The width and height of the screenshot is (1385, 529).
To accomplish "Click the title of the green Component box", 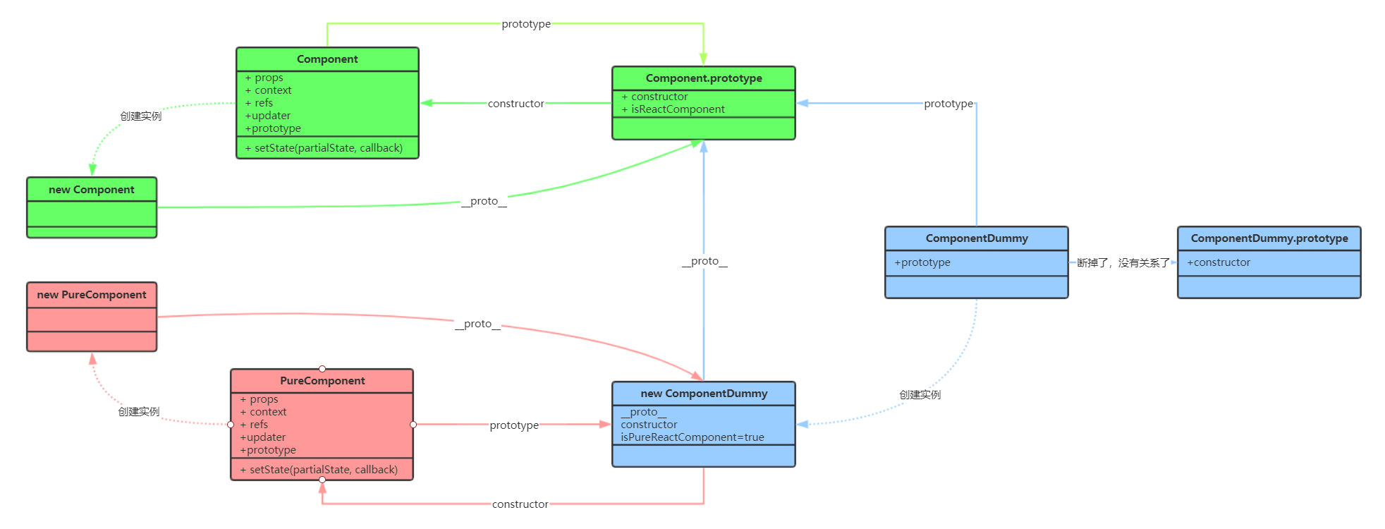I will point(327,59).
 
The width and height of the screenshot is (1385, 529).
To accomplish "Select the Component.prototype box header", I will point(704,78).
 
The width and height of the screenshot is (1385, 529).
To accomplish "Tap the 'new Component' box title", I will point(92,190).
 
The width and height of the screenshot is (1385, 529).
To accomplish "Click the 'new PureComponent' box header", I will point(92,295).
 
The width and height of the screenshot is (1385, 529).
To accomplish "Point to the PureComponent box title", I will point(322,381).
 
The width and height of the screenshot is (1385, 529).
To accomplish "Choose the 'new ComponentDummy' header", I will point(704,394).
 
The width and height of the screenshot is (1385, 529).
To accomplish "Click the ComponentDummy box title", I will point(977,238).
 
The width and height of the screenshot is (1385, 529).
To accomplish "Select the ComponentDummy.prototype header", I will point(1269,238).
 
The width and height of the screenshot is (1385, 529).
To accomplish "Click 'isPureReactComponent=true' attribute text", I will point(692,437).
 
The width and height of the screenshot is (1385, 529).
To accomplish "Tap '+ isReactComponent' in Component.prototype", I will point(673,109).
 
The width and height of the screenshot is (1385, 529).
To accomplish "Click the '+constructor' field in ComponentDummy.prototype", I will point(1219,262).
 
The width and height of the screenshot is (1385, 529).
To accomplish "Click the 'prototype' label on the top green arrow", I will point(526,24).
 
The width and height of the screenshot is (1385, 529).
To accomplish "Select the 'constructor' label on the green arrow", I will point(515,104).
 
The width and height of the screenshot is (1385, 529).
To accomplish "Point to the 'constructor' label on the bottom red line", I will point(520,504).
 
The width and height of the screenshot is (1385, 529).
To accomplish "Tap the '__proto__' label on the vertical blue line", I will point(704,261).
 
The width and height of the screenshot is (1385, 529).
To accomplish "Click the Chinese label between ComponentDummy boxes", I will point(1123,263).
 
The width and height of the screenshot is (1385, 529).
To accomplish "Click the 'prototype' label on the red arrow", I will point(514,425).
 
